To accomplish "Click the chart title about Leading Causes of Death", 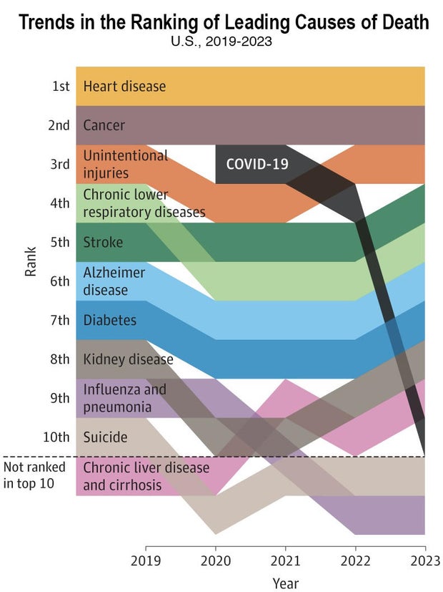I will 224,21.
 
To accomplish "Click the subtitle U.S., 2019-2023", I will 221,42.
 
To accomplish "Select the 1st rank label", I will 61,87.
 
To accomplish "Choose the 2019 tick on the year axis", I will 146,560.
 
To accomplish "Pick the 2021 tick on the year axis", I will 286,560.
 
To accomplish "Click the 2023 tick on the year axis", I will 424,560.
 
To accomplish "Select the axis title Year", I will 285,583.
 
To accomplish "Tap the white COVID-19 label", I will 257,164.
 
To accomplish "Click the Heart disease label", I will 124,87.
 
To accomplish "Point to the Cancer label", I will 104,125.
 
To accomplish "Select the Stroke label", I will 103,242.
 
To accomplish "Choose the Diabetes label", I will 110,320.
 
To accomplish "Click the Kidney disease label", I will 128,359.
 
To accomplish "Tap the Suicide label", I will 105,437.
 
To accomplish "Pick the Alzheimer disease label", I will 114,281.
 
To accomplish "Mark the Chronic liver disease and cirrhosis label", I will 146,476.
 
